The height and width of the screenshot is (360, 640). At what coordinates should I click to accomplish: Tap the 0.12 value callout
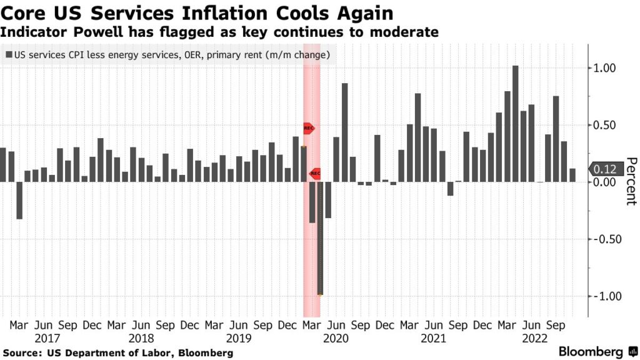coord(604,169)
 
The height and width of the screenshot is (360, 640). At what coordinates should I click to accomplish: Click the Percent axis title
coord(631,181)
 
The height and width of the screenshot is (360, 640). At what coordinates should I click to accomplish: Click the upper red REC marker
coord(309,128)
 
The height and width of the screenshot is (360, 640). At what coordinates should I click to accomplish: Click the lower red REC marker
coord(315,172)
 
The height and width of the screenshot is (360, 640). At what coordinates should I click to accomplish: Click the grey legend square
coord(8,55)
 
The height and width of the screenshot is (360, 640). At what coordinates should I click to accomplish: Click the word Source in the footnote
coord(22,353)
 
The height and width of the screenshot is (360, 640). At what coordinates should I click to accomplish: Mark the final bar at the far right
coord(572,175)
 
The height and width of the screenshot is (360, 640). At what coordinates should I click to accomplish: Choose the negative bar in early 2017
coord(19,200)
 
